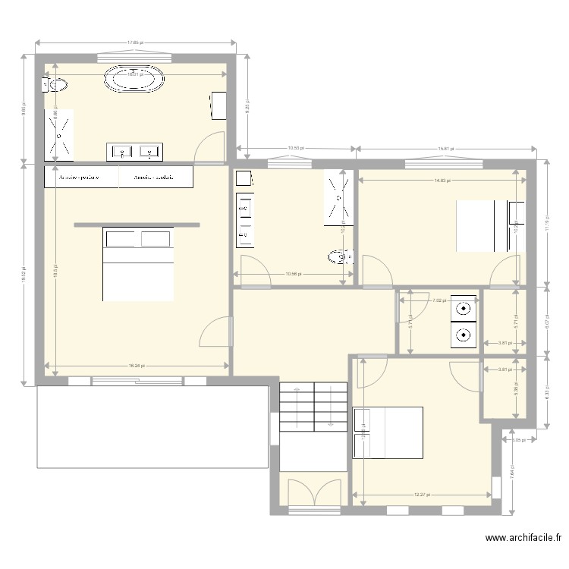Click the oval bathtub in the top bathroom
click(134, 79)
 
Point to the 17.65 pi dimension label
click(135, 43)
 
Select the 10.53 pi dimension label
click(296, 149)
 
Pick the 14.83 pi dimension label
click(442, 181)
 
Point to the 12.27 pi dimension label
click(422, 495)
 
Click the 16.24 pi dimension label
click(136, 366)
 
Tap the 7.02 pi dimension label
click(439, 300)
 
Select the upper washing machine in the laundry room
click(464, 308)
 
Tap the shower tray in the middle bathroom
click(338, 197)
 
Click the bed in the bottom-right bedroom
click(388, 433)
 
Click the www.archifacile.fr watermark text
click(523, 539)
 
